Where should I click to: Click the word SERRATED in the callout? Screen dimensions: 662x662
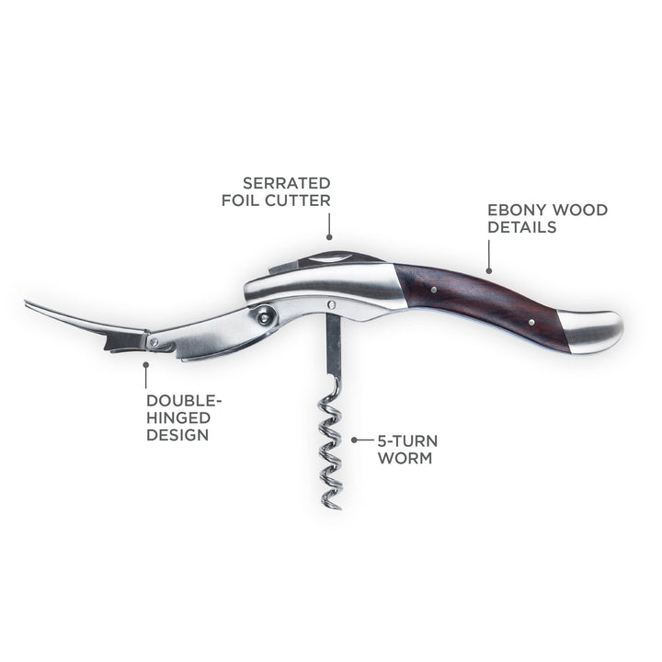click(287, 184)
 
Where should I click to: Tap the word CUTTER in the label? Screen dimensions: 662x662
click(298, 200)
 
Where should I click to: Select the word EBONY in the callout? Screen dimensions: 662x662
click(516, 210)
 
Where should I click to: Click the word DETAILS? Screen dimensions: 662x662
click(522, 227)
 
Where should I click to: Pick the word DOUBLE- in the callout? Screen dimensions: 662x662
click(184, 401)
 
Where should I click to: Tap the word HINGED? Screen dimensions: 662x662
click(178, 418)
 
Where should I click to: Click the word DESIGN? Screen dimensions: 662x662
click(177, 435)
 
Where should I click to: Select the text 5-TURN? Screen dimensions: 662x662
click(408, 441)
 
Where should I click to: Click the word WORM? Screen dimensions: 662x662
click(405, 458)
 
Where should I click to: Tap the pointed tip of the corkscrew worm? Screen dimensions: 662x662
click(340, 508)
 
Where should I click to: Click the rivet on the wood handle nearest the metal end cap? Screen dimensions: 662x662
click(531, 323)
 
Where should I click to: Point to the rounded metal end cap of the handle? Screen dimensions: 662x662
click(591, 330)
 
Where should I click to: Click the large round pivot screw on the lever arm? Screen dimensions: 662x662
click(264, 317)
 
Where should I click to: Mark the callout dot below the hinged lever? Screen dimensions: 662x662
click(146, 363)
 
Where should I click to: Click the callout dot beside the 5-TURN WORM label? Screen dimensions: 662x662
click(354, 439)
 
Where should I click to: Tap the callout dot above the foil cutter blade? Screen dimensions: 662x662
click(329, 238)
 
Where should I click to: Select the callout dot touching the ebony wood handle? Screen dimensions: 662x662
click(489, 270)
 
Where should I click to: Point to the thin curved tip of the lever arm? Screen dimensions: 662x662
click(26, 302)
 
